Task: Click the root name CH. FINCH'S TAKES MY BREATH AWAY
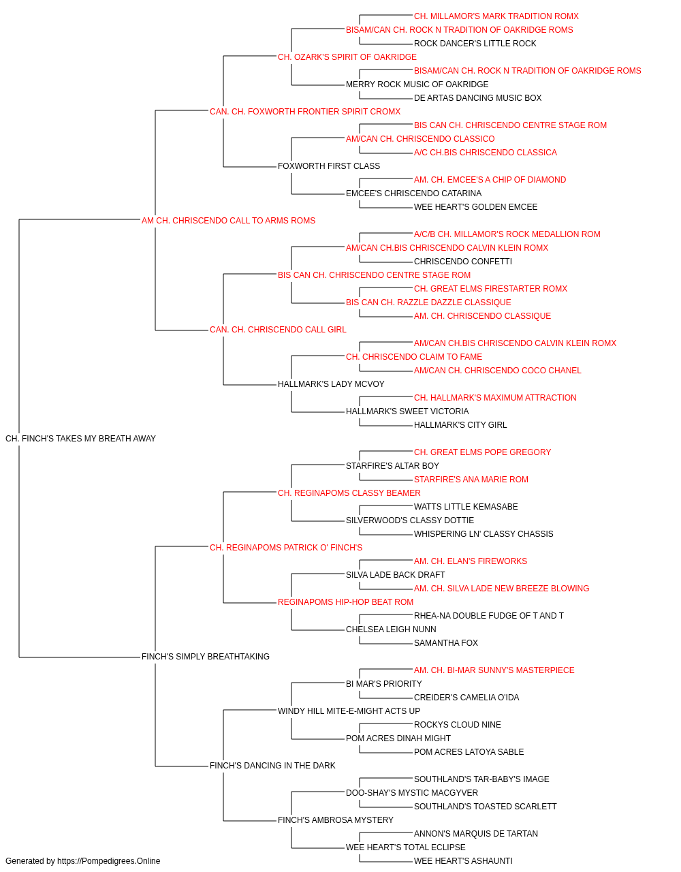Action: [80, 439]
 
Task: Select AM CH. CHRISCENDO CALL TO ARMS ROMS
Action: [228, 221]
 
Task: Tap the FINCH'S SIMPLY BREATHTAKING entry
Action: [206, 657]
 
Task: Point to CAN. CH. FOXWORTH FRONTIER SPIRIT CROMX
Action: [305, 112]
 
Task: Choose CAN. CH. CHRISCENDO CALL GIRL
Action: [278, 330]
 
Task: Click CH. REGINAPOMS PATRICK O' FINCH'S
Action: [285, 548]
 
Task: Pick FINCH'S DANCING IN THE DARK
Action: [272, 766]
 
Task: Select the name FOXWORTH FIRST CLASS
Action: [329, 166]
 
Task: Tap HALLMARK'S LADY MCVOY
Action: [331, 384]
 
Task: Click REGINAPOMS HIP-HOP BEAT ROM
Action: [345, 602]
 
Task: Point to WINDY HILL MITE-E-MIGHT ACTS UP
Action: [349, 711]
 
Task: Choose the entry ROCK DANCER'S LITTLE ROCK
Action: [475, 44]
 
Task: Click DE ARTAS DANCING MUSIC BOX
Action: [477, 98]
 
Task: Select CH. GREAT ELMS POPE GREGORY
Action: [482, 452]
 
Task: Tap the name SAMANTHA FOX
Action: [445, 643]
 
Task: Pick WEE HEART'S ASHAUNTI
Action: [463, 861]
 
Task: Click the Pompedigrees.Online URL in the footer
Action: [108, 861]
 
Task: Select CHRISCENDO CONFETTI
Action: [463, 262]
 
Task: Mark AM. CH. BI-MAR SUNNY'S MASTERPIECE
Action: [494, 670]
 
